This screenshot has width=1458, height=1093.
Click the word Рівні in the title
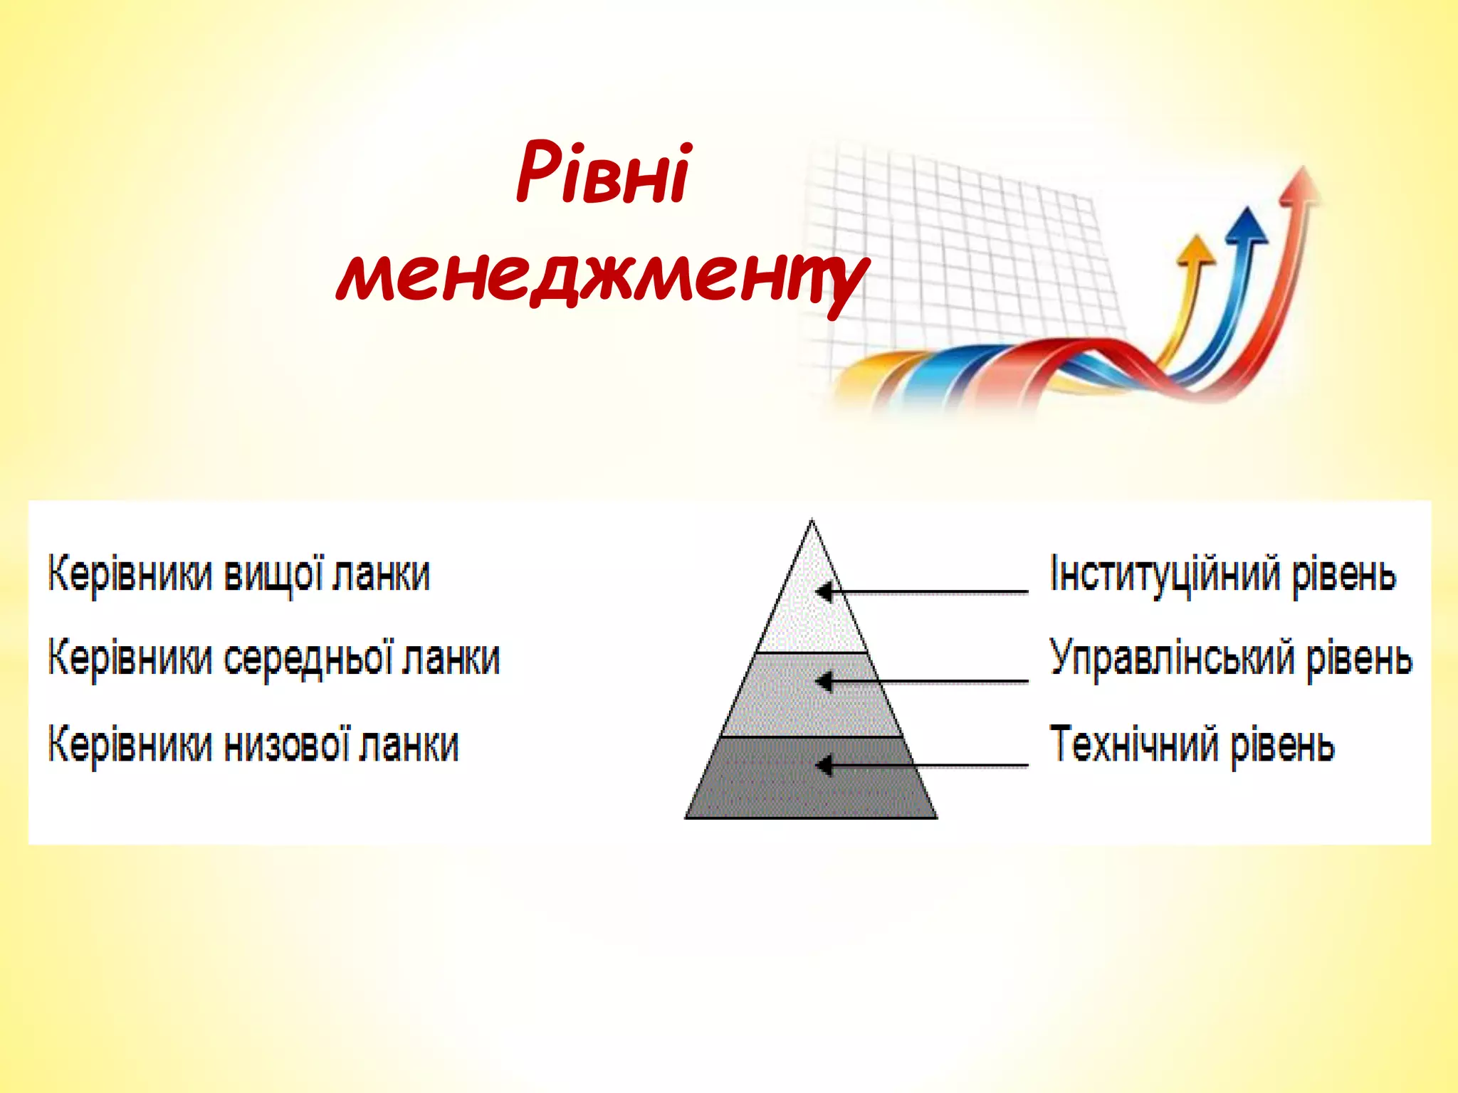602,173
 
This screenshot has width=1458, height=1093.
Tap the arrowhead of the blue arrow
1246,226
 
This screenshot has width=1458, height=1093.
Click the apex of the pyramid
812,522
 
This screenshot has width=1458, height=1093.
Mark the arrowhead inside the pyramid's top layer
824,592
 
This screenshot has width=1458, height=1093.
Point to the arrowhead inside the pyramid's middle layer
824,682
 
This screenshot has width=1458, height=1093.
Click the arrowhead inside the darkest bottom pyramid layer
824,766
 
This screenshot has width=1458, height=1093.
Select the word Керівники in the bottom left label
130,745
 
